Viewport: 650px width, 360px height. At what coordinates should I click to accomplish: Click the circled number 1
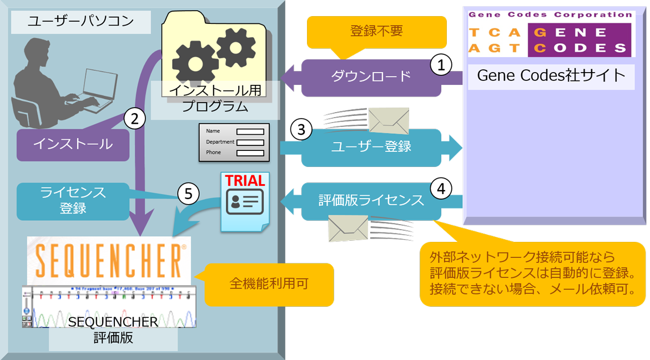(441, 65)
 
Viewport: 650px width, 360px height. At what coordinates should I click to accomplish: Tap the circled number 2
(134, 118)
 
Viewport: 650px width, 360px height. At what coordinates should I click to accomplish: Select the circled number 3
(301, 130)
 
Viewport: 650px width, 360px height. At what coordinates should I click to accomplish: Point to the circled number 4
(441, 189)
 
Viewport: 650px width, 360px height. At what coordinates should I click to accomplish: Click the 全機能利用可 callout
(269, 284)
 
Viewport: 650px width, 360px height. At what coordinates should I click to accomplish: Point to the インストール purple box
(73, 145)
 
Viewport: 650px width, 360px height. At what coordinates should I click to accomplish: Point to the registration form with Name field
(234, 142)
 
